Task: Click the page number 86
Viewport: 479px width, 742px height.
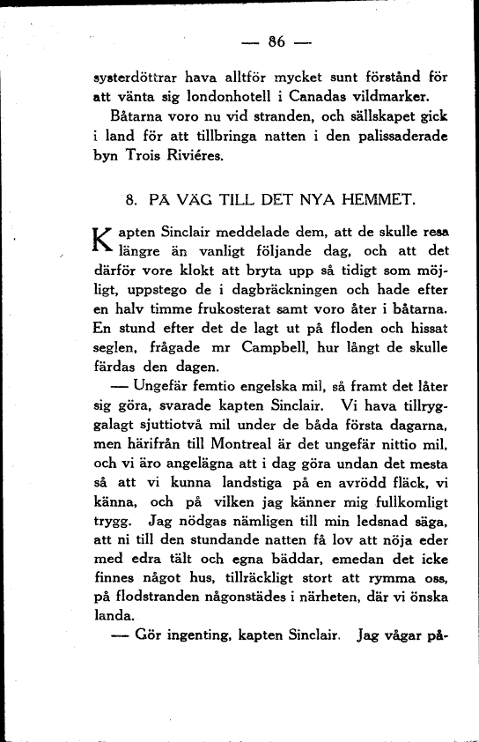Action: pos(278,41)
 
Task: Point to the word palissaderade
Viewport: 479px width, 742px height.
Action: pos(399,137)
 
